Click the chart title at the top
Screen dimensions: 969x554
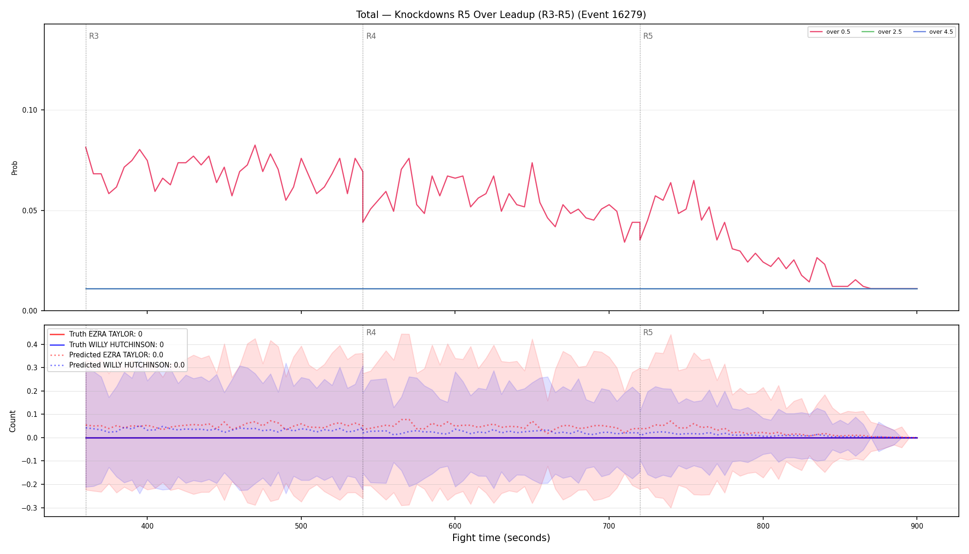501,15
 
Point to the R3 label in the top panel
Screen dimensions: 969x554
94,36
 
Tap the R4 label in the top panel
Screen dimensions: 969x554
371,36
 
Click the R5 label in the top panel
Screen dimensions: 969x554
648,36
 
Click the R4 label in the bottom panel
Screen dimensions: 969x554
371,332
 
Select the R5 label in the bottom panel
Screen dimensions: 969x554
648,332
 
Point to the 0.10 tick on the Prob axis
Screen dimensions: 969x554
30,110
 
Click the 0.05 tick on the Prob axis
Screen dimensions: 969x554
30,211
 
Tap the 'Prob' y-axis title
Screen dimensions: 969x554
14,168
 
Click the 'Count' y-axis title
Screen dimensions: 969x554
12,421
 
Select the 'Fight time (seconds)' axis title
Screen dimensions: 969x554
501,538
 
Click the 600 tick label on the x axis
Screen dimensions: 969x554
455,526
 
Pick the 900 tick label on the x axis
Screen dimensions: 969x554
917,526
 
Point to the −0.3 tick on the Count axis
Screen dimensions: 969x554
30,508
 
